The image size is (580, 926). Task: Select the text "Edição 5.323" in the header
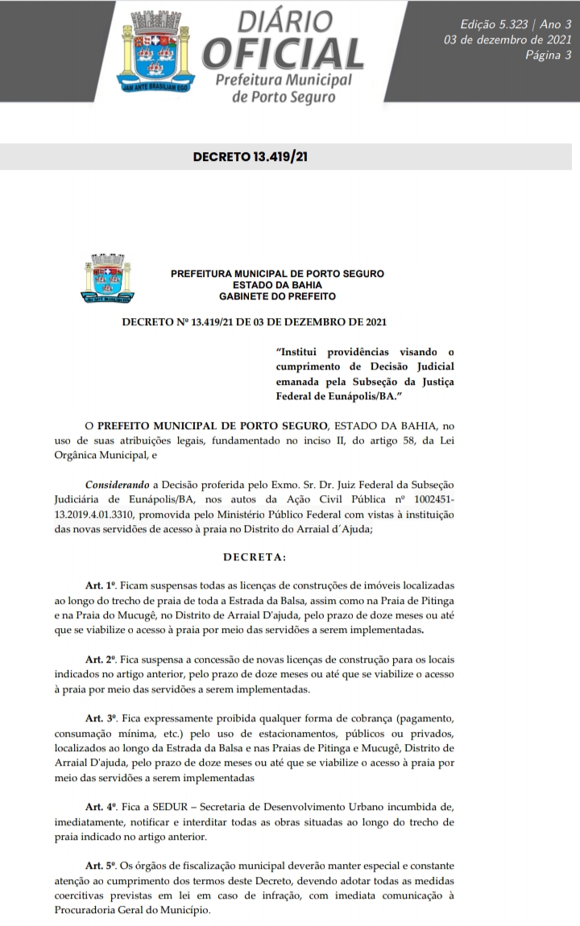(x=491, y=25)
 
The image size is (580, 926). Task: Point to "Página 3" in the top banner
(x=548, y=55)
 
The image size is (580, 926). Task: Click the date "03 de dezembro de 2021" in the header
(x=507, y=40)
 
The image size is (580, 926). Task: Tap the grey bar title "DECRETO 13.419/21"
(x=250, y=156)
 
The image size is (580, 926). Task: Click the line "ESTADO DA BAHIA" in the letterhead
(x=277, y=285)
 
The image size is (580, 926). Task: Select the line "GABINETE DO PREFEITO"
(x=277, y=296)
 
